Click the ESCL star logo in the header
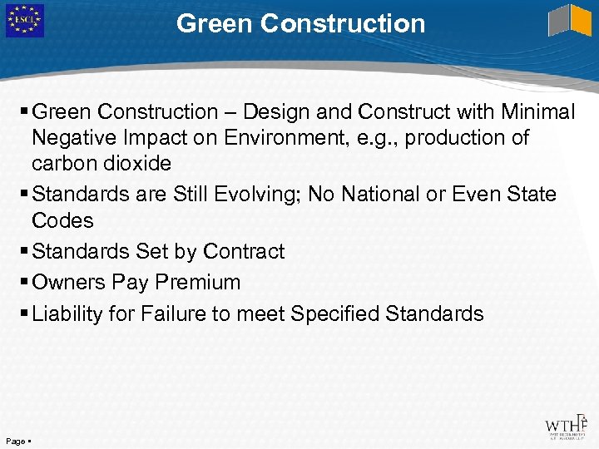pyautogui.click(x=24, y=21)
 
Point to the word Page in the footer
pyautogui.click(x=14, y=439)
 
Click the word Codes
pyautogui.click(x=62, y=220)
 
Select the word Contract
pyautogui.click(x=244, y=251)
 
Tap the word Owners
pyautogui.click(x=69, y=282)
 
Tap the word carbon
pyautogui.click(x=65, y=164)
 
